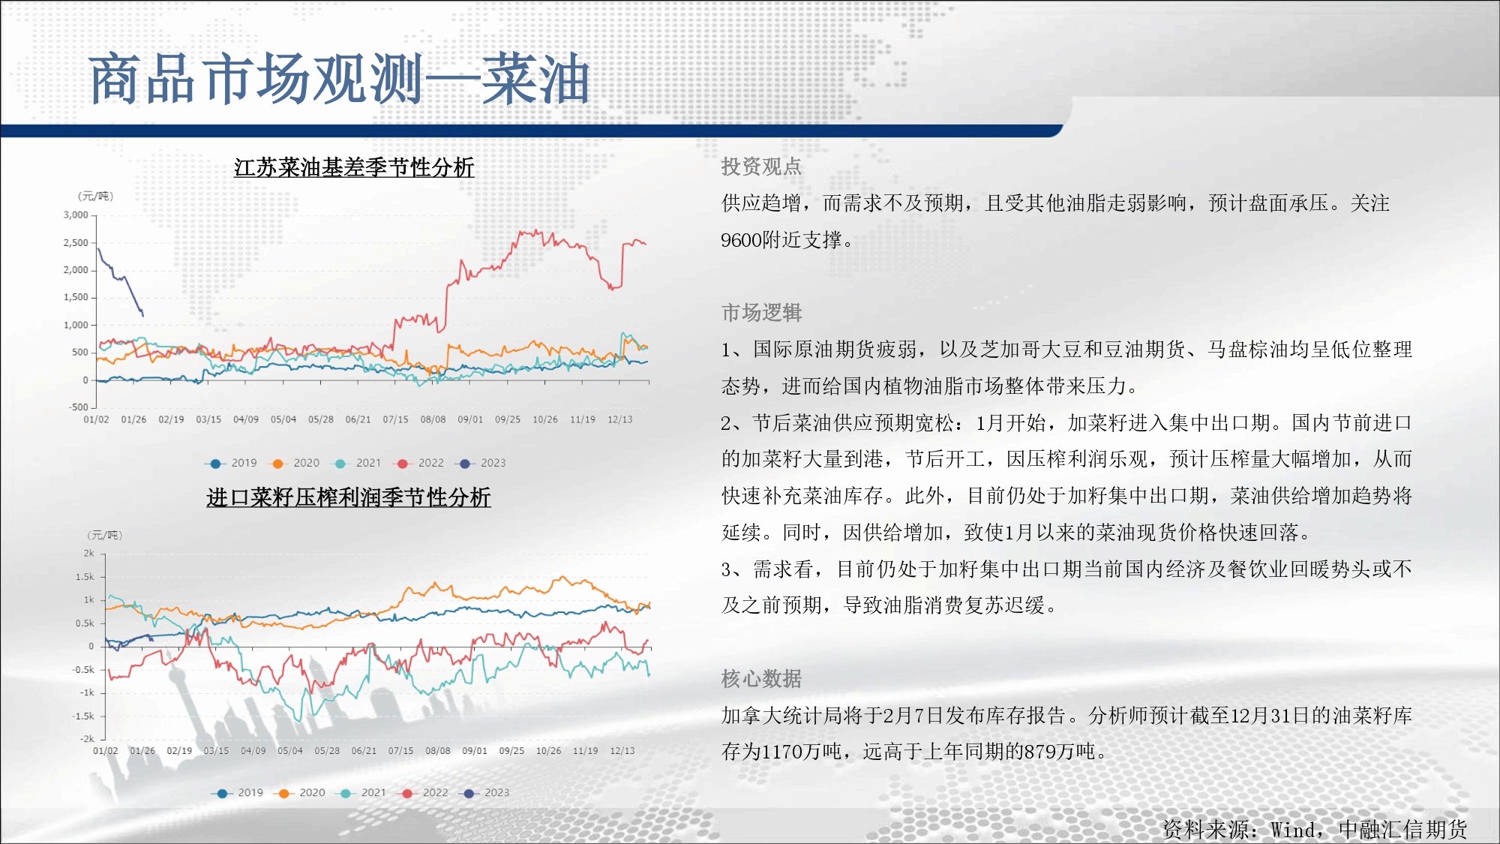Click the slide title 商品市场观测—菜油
coord(339,79)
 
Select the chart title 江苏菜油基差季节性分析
coord(354,167)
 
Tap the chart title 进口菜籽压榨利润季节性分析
coord(349,497)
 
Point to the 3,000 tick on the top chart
coord(76,215)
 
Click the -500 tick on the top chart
coord(79,407)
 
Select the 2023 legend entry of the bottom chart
coord(484,793)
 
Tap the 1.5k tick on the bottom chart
coord(85,577)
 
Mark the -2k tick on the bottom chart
coord(87,739)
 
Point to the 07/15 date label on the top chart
coord(395,419)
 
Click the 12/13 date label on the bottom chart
coord(622,751)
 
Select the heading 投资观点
coord(761,167)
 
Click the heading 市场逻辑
coord(761,312)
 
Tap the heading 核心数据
coord(761,679)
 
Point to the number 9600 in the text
coord(740,240)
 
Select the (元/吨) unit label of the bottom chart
coord(105,535)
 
